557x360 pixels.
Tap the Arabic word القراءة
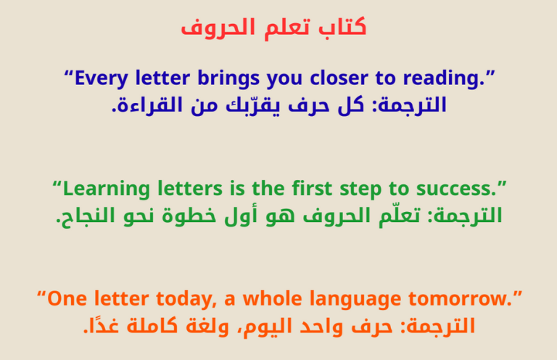(144, 106)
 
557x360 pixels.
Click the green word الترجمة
(469, 216)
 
